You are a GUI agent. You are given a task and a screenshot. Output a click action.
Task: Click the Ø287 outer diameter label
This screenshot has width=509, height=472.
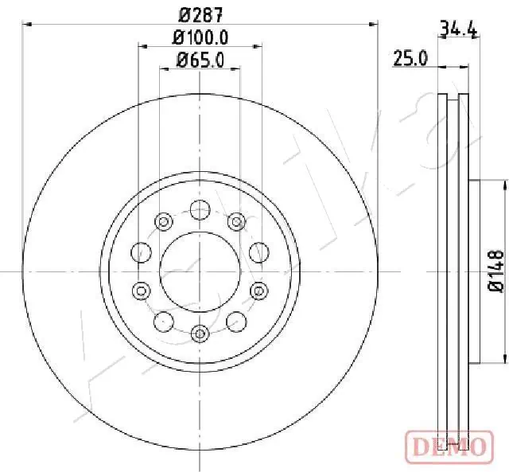point(200,14)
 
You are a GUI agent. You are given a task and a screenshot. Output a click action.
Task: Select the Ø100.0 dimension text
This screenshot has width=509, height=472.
point(201,37)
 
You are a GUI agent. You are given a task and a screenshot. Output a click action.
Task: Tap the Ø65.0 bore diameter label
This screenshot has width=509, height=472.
point(200,59)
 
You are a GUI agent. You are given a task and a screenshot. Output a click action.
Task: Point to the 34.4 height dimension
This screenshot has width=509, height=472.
point(458,31)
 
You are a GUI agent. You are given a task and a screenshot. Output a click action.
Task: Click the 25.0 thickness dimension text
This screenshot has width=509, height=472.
point(412,58)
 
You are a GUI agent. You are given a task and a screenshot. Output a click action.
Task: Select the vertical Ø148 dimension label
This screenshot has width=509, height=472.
point(495,271)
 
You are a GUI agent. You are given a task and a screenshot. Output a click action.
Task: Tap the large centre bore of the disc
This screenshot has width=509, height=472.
point(200,271)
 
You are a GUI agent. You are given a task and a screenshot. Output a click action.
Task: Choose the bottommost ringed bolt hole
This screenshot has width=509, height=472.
point(200,332)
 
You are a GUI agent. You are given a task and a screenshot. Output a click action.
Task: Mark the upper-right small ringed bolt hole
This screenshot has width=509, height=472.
point(236,221)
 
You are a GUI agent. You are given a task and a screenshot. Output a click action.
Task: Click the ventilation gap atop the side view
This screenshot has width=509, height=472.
point(454,99)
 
